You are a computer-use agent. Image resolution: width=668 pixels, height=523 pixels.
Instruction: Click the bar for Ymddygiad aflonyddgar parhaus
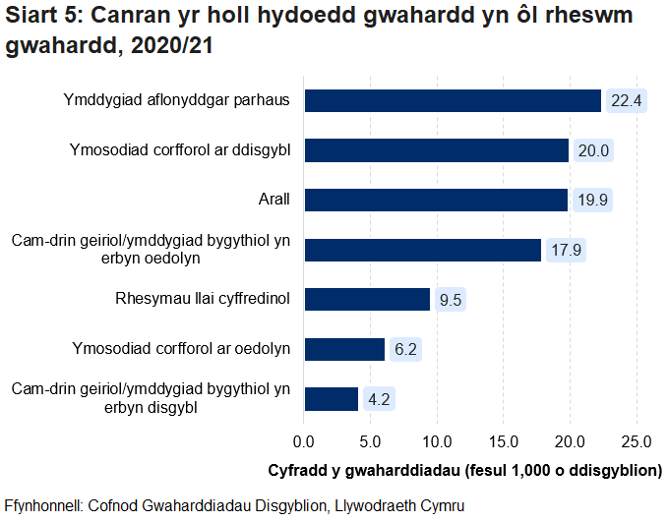[453, 100]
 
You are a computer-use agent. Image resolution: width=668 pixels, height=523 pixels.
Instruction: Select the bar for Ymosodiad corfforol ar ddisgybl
[437, 150]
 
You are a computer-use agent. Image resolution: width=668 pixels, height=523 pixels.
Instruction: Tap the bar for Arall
[436, 201]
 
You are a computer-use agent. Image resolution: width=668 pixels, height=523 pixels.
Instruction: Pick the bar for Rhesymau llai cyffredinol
[367, 299]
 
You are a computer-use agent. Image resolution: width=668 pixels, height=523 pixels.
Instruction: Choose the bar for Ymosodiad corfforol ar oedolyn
[344, 349]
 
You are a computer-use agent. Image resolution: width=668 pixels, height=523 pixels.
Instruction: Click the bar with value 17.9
[423, 250]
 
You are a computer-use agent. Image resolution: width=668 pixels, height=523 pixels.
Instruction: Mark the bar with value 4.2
[332, 398]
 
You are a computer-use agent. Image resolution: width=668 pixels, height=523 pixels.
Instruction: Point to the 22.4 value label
[626, 100]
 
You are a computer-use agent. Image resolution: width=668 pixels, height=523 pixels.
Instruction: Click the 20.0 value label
[594, 150]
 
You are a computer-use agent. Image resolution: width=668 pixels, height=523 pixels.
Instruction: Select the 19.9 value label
[592, 201]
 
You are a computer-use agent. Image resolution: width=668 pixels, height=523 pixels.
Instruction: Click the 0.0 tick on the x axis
[304, 437]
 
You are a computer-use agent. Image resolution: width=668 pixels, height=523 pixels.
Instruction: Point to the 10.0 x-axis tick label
[437, 437]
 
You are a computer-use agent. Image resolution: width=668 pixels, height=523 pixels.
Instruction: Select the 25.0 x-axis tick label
[637, 437]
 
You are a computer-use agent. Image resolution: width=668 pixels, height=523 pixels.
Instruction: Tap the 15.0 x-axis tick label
[504, 437]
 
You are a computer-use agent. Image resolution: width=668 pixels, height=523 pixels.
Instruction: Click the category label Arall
[273, 201]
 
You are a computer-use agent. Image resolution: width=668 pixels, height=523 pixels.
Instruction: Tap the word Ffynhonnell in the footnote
[43, 505]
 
